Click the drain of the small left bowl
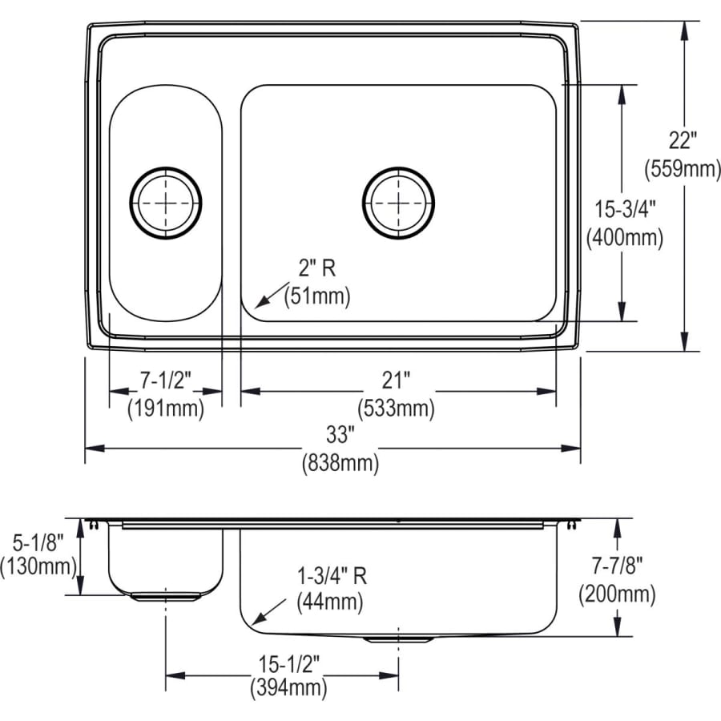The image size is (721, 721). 166,203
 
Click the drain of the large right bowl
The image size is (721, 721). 398,203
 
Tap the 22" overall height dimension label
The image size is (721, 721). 683,141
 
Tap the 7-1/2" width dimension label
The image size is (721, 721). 166,379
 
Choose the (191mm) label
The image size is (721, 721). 166,408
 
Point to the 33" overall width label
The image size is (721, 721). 340,435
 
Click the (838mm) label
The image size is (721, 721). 340,463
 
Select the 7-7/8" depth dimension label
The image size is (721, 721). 617,566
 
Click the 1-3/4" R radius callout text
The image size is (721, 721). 331,574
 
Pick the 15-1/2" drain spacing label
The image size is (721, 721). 288,664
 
